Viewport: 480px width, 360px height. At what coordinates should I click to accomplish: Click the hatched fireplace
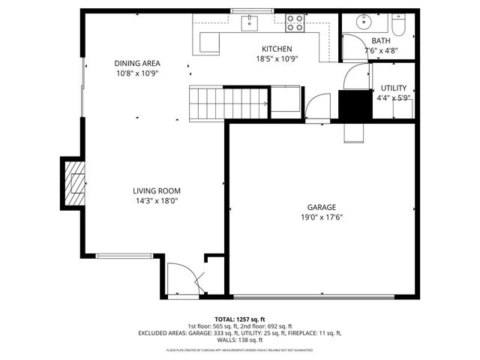(x=74, y=183)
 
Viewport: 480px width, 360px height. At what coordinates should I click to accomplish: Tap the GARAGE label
(x=321, y=208)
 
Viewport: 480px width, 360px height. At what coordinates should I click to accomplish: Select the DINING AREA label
(x=137, y=64)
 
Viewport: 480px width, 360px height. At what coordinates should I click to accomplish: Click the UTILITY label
(x=394, y=88)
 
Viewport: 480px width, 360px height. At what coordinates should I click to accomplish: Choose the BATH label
(x=380, y=41)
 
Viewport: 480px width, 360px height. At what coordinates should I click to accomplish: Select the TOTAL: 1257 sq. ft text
(x=239, y=319)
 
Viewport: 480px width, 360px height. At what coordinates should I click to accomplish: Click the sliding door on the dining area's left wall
(x=82, y=85)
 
